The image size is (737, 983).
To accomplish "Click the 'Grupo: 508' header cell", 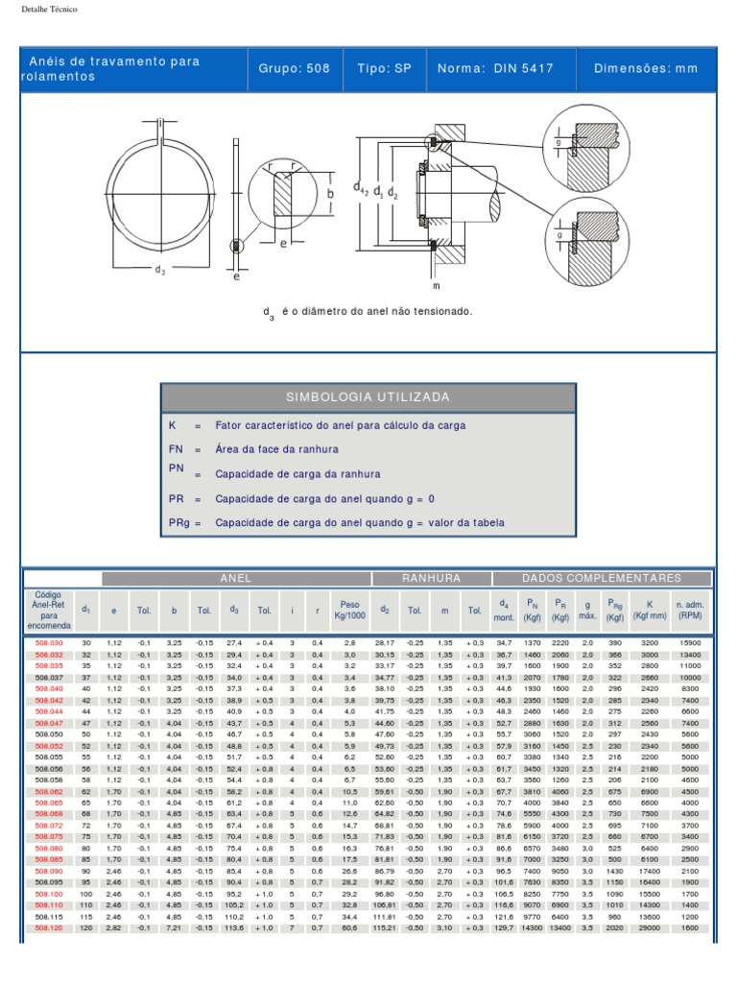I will click(294, 68).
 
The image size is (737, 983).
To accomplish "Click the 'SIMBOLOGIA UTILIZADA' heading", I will click(368, 397).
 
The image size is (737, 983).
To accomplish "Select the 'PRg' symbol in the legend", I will click(178, 523).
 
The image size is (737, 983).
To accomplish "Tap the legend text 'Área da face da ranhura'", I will click(276, 448).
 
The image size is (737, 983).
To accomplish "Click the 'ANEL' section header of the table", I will click(235, 579).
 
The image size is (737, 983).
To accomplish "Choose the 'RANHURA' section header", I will click(431, 579).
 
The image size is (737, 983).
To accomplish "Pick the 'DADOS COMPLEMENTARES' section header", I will click(602, 579).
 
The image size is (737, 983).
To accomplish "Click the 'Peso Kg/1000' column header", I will click(348, 610).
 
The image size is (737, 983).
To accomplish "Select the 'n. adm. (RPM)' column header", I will click(690, 610).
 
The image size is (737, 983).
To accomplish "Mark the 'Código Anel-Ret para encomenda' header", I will click(49, 610).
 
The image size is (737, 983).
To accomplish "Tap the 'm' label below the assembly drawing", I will click(435, 285).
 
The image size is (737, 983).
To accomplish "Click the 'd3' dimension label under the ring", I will click(160, 271).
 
